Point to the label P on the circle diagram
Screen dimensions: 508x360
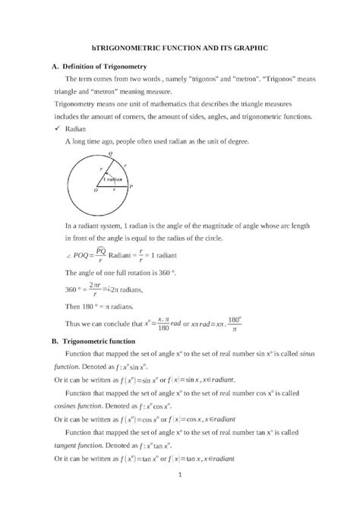coord(131,186)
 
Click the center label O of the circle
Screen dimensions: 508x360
coord(95,191)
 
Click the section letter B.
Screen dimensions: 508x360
coord(54,342)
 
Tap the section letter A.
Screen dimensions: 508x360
coord(54,68)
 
